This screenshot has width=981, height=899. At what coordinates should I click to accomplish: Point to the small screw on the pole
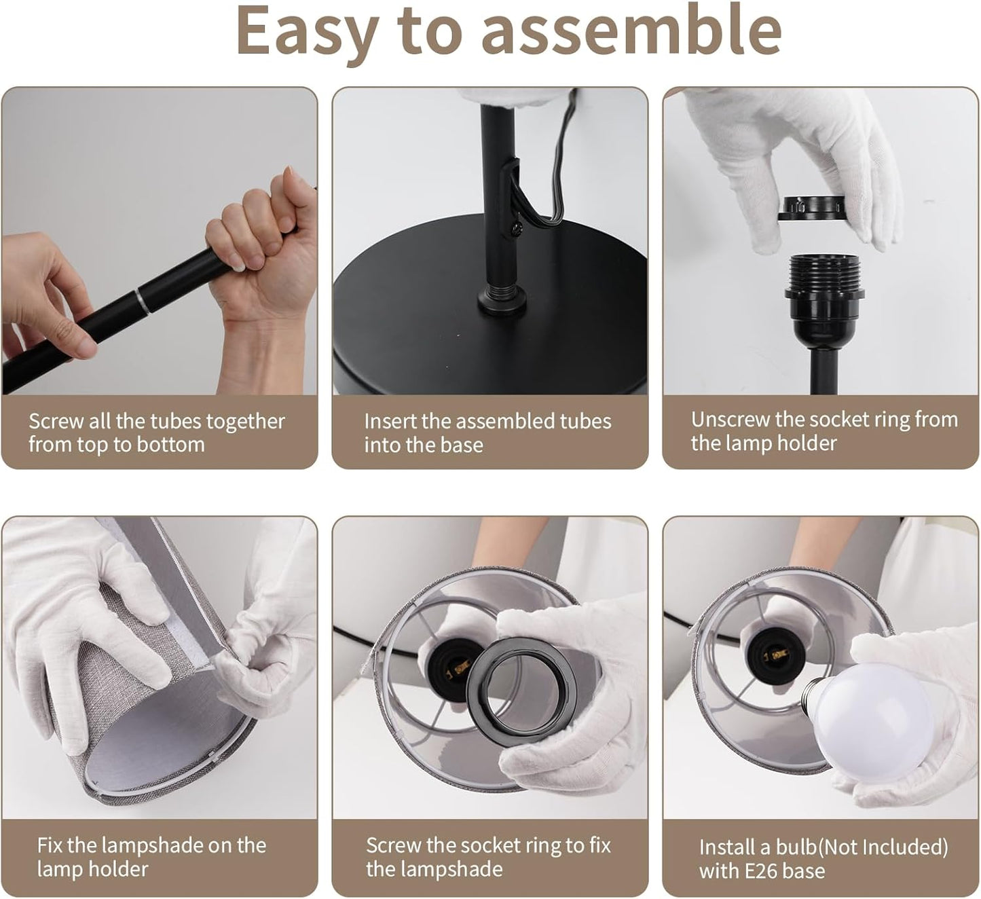515,226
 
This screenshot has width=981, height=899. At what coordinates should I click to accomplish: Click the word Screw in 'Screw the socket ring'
393,845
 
